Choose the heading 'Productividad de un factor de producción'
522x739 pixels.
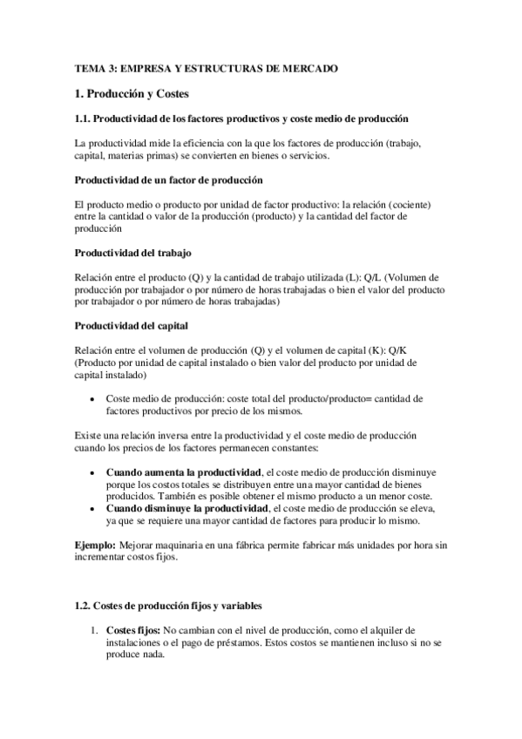pos(169,180)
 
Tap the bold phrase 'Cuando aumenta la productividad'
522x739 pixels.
pos(179,471)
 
